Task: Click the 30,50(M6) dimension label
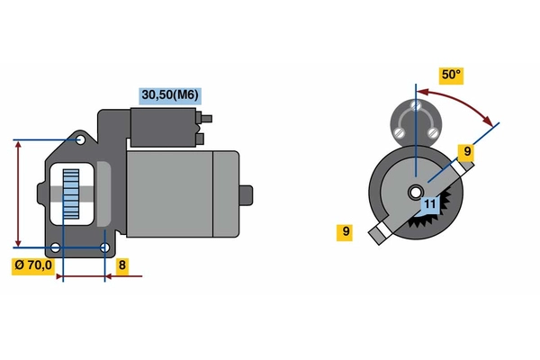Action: [170, 95]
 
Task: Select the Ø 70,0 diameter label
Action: [33, 266]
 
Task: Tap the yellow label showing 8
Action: [122, 266]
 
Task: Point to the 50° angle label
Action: [451, 76]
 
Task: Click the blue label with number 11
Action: [430, 204]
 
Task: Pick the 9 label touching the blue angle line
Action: [466, 152]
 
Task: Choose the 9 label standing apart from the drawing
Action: [345, 232]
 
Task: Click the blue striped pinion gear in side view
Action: [71, 194]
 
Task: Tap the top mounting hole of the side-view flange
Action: [81, 139]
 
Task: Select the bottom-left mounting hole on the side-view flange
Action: [55, 247]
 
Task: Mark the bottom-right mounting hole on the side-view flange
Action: [104, 247]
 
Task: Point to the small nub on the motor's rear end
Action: [246, 195]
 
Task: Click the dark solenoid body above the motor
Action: [163, 128]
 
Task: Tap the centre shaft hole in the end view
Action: [416, 193]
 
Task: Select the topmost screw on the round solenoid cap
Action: [416, 104]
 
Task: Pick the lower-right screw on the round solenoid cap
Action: [433, 131]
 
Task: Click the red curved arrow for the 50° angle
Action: [459, 103]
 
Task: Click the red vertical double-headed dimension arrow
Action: [18, 193]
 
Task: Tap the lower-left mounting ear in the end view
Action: [380, 233]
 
